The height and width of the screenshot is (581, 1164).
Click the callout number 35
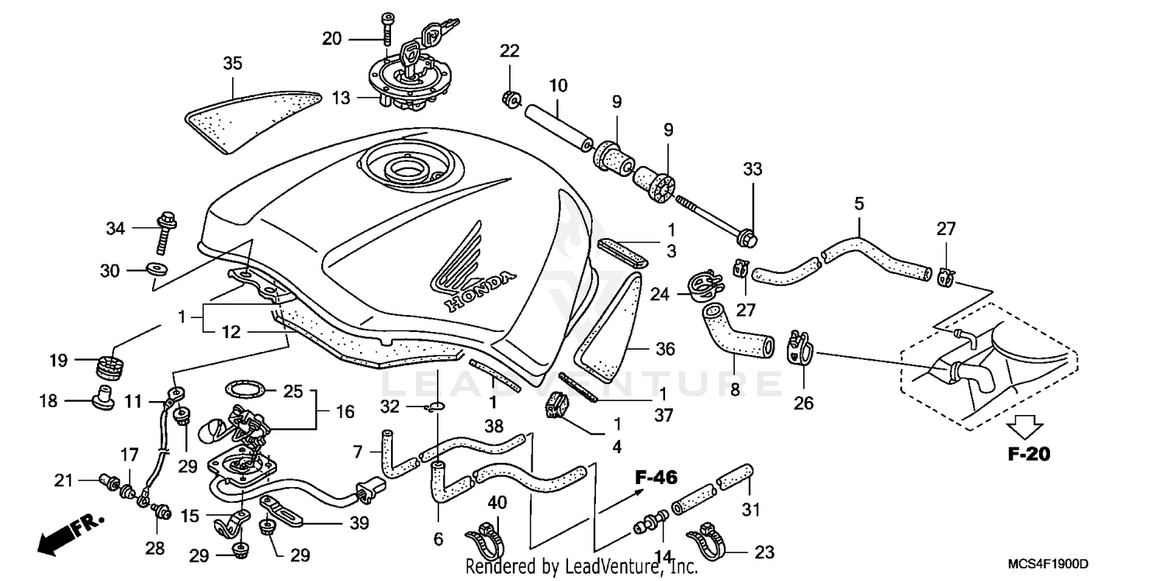[x=233, y=64]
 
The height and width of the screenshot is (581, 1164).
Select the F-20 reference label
[x=1028, y=454]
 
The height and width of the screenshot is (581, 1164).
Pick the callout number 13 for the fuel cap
[x=341, y=98]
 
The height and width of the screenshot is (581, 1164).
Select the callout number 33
[x=752, y=169]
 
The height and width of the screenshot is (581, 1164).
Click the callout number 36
[x=665, y=349]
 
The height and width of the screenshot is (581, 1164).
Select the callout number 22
[x=508, y=51]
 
